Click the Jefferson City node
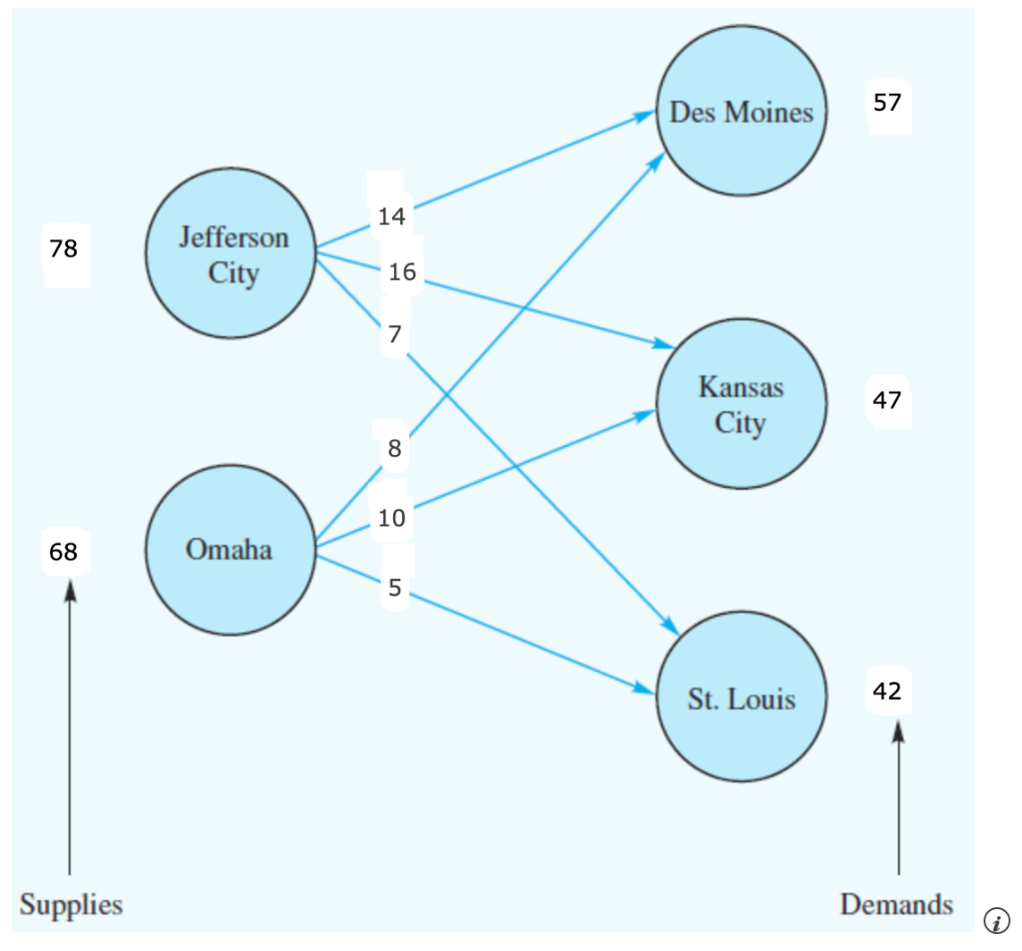tap(232, 253)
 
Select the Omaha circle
tap(230, 550)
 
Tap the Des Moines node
tap(741, 112)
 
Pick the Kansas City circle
tap(741, 404)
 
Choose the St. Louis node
tap(741, 699)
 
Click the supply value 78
tap(64, 248)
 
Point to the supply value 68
tap(64, 551)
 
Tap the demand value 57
tap(886, 102)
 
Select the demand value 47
tap(886, 400)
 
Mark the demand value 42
tap(886, 691)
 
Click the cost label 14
tap(390, 216)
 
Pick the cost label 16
tap(401, 271)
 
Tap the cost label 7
tap(395, 334)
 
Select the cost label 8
tap(394, 449)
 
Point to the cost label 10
tap(391, 518)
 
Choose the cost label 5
tap(395, 588)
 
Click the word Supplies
tap(71, 905)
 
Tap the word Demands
tap(896, 905)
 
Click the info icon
tap(996, 920)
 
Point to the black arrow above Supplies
tap(70, 728)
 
